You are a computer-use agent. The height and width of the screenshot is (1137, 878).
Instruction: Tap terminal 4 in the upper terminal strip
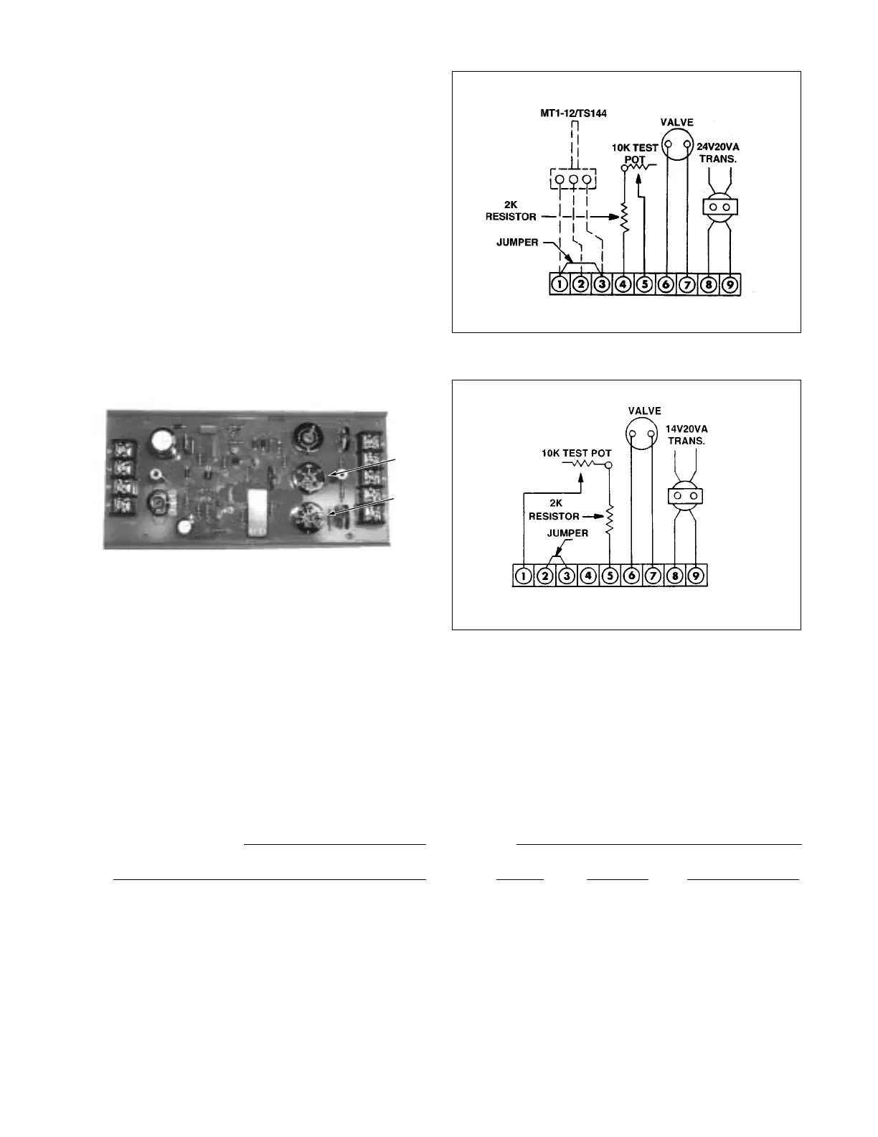(623, 284)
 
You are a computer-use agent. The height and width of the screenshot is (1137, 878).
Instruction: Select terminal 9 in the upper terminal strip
(730, 284)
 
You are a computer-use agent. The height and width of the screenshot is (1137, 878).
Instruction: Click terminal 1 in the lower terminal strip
(524, 576)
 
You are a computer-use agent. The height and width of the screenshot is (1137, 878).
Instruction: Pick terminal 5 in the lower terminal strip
(610, 576)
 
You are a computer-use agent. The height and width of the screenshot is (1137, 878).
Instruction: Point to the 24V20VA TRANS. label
(718, 152)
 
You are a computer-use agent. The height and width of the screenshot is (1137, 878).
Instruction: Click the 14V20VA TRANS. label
(686, 434)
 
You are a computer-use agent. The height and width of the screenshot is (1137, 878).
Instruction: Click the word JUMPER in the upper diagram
(517, 243)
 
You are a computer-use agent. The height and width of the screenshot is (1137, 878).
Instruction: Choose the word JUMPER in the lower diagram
(567, 533)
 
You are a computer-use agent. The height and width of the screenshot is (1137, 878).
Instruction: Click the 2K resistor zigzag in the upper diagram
(623, 217)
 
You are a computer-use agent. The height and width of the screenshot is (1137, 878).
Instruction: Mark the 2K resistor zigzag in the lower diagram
(610, 520)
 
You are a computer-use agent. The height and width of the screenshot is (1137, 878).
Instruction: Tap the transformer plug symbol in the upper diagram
(719, 207)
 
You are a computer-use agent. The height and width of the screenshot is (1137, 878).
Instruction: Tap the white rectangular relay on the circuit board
(256, 511)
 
